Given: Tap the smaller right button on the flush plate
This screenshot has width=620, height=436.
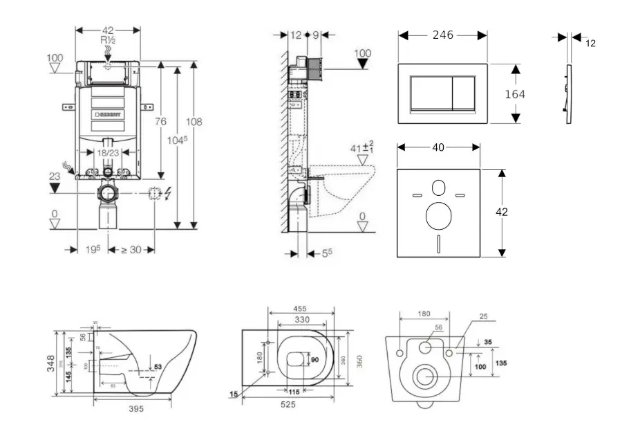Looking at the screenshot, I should [x=463, y=93].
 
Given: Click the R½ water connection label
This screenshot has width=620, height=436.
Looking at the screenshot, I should [x=108, y=41].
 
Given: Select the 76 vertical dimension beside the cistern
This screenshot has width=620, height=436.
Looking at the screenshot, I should [x=160, y=122].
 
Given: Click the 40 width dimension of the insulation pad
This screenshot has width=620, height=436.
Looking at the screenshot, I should [x=438, y=147].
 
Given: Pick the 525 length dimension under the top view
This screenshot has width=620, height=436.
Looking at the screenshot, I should [x=288, y=404].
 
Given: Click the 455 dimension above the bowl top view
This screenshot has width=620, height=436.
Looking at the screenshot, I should [x=300, y=309].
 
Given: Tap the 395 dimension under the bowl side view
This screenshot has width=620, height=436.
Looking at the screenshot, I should [x=136, y=409].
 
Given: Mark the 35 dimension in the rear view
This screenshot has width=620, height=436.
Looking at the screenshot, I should [x=488, y=342].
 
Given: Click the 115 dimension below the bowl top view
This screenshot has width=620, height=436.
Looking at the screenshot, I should [x=293, y=392].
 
